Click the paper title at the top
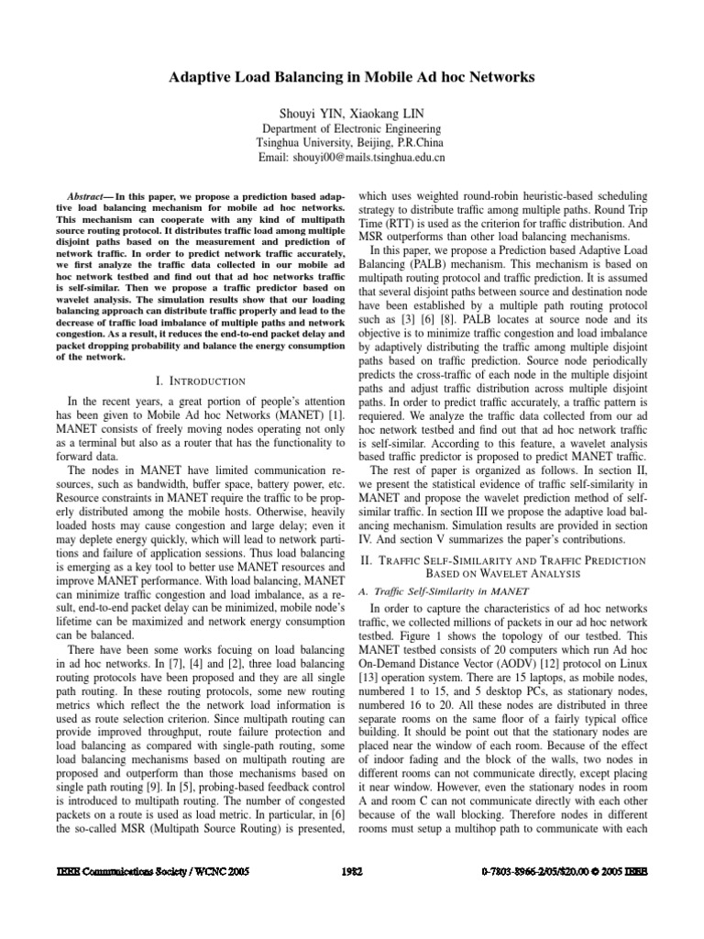(351, 79)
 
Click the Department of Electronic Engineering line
(351, 129)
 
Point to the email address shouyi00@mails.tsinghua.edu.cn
(379, 158)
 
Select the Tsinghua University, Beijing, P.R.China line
(351, 143)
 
